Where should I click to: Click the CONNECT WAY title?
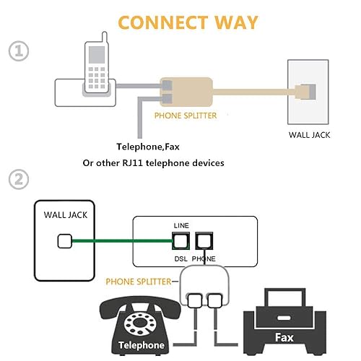pyautogui.click(x=187, y=22)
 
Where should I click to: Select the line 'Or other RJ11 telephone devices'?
pyautogui.click(x=153, y=163)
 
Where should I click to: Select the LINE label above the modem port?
pyautogui.click(x=180, y=226)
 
